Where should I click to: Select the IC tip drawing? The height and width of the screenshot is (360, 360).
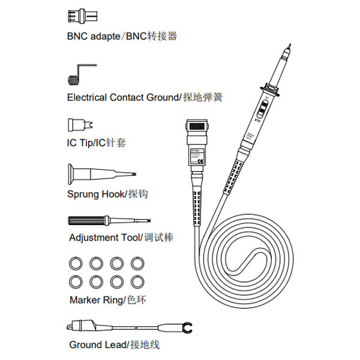(x=78, y=125)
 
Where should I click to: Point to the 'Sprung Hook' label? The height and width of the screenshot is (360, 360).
(x=96, y=194)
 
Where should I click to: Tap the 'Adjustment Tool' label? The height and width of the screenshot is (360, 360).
(x=103, y=238)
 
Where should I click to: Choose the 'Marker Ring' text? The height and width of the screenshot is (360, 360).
(x=97, y=300)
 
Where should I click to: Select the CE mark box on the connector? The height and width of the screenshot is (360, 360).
(x=201, y=161)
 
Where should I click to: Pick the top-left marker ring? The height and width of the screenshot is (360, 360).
(x=76, y=263)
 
